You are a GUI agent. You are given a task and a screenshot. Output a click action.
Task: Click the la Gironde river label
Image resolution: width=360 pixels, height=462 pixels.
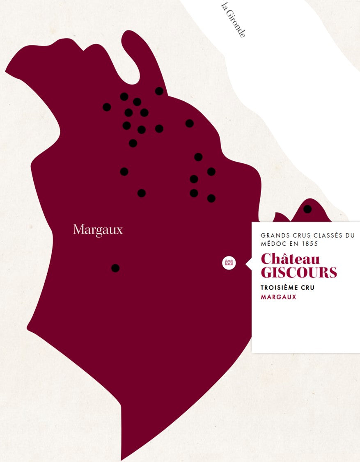tap(233, 20)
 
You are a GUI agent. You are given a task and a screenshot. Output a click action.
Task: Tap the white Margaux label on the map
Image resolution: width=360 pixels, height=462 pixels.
tap(98, 230)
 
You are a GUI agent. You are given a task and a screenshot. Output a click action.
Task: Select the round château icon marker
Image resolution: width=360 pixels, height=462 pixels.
tap(229, 263)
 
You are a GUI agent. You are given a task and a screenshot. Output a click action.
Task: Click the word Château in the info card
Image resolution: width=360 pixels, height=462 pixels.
tap(290, 259)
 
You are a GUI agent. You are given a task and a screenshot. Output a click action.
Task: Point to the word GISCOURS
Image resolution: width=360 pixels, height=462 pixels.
tap(299, 272)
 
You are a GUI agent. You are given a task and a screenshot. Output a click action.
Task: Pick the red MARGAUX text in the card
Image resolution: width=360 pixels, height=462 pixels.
tap(278, 297)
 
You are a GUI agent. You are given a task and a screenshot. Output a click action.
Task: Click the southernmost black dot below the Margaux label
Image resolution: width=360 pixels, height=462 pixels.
tap(115, 268)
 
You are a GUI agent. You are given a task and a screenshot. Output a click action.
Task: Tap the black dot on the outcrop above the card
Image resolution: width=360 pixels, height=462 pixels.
tap(307, 209)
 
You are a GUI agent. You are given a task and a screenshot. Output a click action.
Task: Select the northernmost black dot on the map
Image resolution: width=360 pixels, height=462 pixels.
tap(159, 91)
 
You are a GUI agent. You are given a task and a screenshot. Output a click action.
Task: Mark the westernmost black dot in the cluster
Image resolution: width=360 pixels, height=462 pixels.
tap(107, 107)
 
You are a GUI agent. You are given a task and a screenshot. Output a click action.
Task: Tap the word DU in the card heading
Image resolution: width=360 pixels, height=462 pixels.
tap(349, 236)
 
